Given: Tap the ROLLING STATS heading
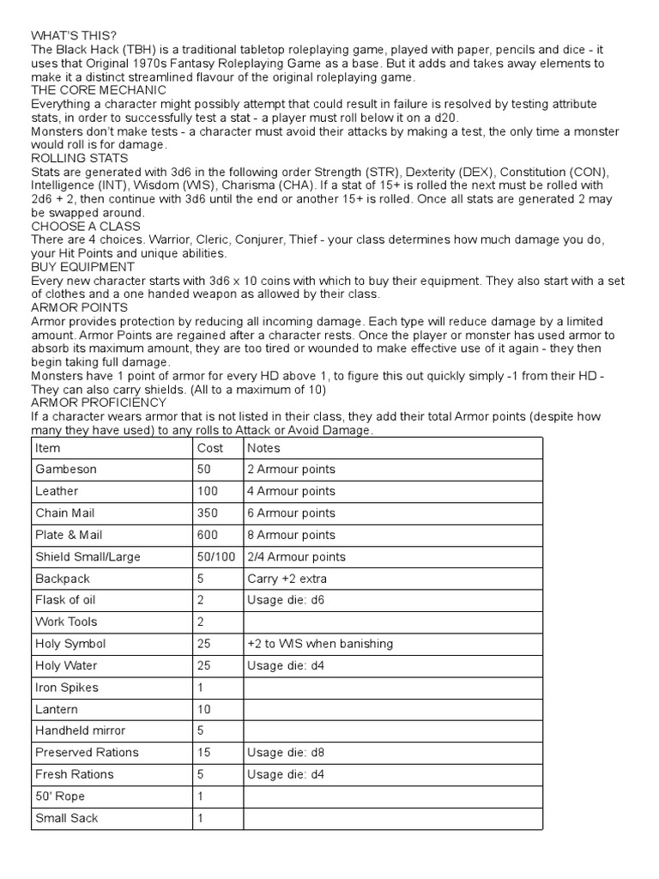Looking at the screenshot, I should tap(74, 158).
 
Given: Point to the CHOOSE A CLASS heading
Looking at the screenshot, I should tap(82, 226).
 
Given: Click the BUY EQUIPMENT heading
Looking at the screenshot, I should tap(79, 267).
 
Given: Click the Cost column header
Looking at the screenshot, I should tap(209, 448).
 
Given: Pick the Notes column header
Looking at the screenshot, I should tap(263, 448).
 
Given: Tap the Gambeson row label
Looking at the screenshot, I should tap(66, 470).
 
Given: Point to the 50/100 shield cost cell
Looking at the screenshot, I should tap(216, 557).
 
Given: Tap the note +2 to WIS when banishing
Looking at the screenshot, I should tap(318, 644).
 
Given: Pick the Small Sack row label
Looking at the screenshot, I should tap(66, 818).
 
